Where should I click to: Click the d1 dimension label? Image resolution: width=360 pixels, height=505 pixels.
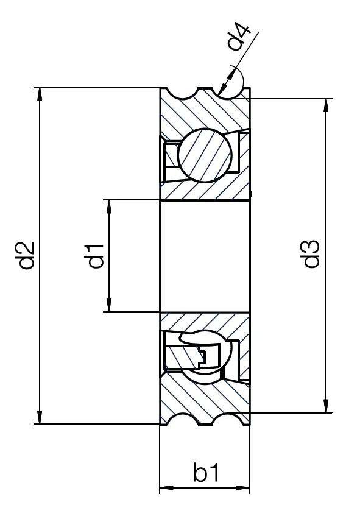tap(95, 255)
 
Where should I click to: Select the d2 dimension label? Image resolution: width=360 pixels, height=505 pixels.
tap(25, 256)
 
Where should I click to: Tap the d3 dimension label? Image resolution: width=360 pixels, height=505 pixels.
tap(311, 255)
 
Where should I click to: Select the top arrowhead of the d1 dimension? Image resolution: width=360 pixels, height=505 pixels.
tap(109, 206)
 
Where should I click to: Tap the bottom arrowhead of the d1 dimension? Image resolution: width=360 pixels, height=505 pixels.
tap(109, 305)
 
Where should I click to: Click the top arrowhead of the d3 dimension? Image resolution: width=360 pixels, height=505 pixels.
tap(327, 104)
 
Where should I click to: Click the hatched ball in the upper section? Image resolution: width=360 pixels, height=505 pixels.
tap(205, 154)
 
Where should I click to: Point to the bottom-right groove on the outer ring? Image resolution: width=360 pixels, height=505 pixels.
tap(228, 420)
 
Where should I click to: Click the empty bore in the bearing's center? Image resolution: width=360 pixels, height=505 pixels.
tap(204, 256)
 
